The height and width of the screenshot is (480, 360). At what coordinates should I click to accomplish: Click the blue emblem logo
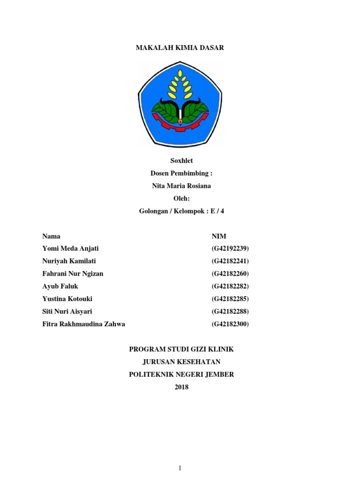(x=180, y=104)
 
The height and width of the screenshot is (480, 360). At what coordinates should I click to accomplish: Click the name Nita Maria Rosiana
(x=181, y=186)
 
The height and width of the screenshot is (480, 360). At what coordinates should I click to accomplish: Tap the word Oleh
(x=181, y=198)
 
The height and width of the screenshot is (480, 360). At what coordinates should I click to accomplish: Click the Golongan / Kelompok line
(x=181, y=211)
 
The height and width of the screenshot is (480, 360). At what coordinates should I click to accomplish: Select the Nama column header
(x=51, y=236)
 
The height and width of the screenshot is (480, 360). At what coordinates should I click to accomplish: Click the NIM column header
(x=219, y=236)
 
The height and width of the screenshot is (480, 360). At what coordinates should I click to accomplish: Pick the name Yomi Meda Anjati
(x=70, y=248)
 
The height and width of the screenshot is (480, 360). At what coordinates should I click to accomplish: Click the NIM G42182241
(x=230, y=261)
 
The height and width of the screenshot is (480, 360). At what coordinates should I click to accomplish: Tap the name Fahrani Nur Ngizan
(x=73, y=274)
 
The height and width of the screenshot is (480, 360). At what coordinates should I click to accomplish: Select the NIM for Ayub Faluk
(x=230, y=286)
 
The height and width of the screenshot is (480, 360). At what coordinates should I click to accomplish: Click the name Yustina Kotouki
(x=68, y=299)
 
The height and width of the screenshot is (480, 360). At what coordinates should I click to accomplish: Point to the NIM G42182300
(x=230, y=324)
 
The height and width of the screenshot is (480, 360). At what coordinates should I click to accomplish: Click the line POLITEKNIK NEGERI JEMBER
(x=181, y=375)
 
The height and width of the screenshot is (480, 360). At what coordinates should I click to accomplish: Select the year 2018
(x=181, y=387)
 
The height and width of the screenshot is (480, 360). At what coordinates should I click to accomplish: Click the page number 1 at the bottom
(x=180, y=468)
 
